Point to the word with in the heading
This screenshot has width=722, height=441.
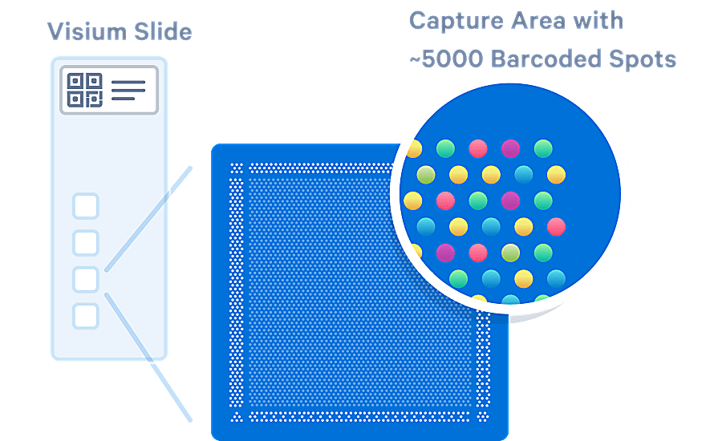pos(598,20)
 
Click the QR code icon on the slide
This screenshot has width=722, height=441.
pos(84,90)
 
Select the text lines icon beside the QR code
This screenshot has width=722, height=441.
pos(128,90)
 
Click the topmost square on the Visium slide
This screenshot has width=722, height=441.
pos(86,206)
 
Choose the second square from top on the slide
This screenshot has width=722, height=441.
pos(86,242)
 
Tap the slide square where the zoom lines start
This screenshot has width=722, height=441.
pos(86,279)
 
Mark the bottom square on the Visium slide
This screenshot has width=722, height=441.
pos(86,315)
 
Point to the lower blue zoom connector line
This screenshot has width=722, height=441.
pos(148,358)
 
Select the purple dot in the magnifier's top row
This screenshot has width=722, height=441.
pos(510,148)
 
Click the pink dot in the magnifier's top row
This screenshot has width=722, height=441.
pos(478,148)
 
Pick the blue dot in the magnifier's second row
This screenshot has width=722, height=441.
pos(524,174)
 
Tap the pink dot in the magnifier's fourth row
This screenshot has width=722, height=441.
pos(556,227)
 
